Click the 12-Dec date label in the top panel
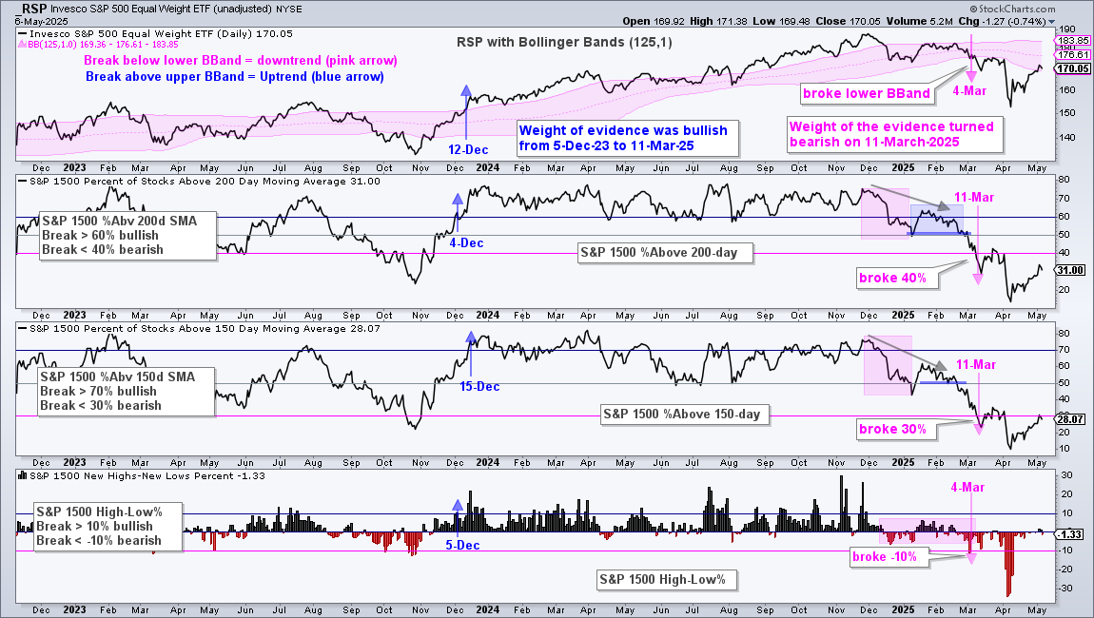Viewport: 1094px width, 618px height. point(468,150)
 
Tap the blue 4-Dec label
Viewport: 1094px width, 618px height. point(466,243)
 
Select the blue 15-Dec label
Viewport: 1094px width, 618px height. point(479,386)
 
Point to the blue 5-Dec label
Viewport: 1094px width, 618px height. point(462,546)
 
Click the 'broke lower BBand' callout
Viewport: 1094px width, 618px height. point(867,93)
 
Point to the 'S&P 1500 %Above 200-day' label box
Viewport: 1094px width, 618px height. point(666,253)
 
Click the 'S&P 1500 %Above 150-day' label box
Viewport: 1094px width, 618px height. point(682,415)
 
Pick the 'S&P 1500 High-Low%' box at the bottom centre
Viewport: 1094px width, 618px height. point(663,580)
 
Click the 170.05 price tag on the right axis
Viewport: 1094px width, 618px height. point(1073,68)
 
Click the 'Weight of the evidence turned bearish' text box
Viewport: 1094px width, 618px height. point(895,135)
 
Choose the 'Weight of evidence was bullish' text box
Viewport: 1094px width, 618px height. point(627,138)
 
